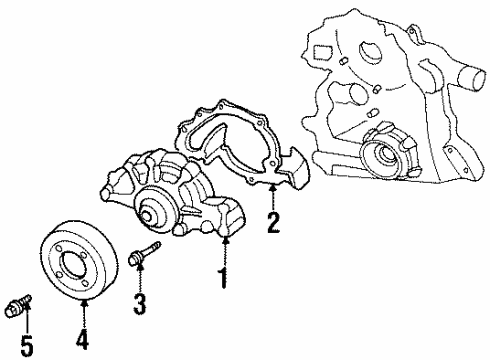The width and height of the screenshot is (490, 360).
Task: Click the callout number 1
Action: (223, 276)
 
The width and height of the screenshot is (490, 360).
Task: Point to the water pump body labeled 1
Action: (170, 200)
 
